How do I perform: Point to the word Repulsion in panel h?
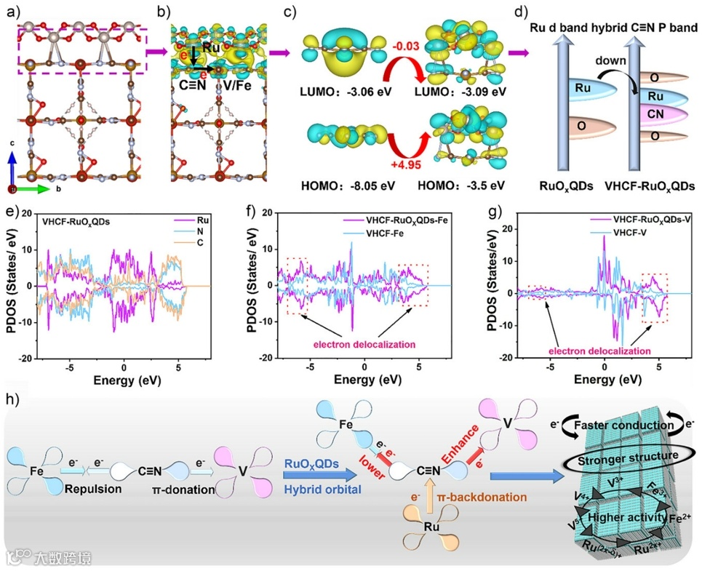tap(92, 490)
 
